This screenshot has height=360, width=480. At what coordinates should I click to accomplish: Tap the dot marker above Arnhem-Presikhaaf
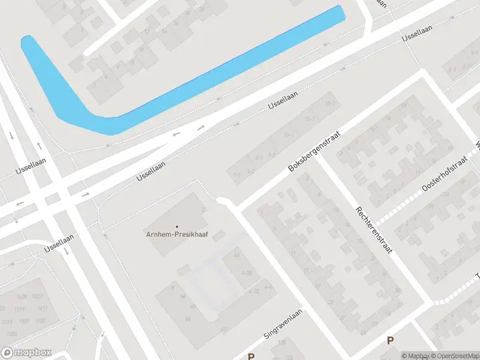(177, 226)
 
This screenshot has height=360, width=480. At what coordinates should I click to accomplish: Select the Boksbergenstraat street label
(314, 152)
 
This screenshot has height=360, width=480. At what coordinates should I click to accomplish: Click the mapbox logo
(26, 353)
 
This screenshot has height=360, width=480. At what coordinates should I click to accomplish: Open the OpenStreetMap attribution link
(457, 356)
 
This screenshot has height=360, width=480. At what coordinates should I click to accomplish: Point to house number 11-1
(289, 134)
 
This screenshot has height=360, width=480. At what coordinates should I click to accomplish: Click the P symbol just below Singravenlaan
(251, 356)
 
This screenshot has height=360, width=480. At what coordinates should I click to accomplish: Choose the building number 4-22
(254, 291)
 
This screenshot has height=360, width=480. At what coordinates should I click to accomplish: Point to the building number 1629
(22, 296)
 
